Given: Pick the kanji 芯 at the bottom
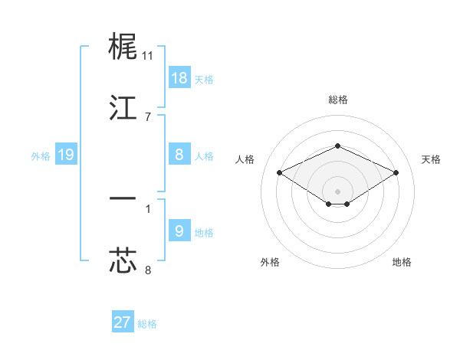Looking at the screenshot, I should [123, 260].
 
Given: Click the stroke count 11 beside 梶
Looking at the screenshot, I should [148, 56].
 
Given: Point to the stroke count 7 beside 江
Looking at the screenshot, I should [148, 116].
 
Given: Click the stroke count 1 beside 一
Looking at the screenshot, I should [148, 208].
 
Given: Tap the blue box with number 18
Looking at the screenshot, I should [179, 78].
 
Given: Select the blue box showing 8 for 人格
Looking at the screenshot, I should [179, 155].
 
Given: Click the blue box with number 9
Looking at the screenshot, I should [179, 231].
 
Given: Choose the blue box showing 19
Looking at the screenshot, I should [66, 155].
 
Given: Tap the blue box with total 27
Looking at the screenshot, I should [123, 322].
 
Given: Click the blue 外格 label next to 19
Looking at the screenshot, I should [41, 156].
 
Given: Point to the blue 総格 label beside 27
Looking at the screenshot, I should [147, 324].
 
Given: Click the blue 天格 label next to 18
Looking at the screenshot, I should [204, 80].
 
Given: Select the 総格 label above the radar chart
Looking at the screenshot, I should [338, 100].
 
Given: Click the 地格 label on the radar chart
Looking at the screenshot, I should [402, 262].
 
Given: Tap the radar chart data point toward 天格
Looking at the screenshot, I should [396, 172].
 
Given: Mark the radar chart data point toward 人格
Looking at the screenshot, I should [280, 172].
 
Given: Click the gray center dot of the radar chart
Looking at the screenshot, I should [338, 191].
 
